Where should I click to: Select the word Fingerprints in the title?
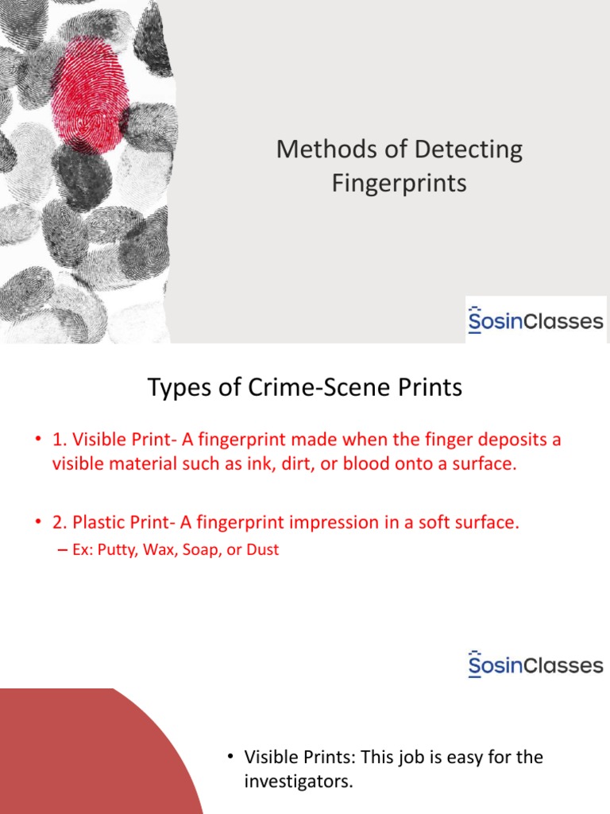click(399, 184)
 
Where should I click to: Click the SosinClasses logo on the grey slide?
click(536, 320)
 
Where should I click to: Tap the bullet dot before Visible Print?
click(38, 439)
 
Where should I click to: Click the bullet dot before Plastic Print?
click(38, 521)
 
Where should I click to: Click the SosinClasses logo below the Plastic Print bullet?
click(536, 665)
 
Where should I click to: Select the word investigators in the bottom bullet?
click(298, 781)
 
